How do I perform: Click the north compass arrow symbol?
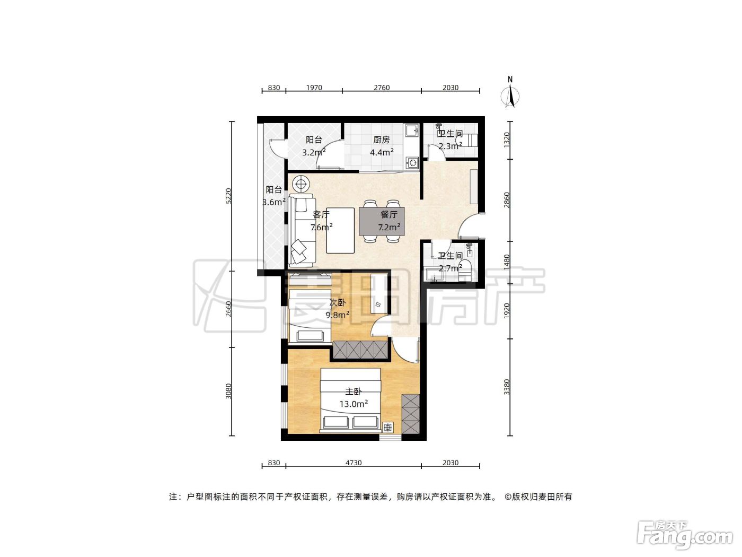click(510, 97)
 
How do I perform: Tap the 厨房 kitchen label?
click(381, 140)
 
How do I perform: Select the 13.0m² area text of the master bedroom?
click(354, 404)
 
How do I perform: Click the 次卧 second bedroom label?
click(338, 302)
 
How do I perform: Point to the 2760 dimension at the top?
click(382, 88)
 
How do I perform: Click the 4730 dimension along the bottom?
click(354, 463)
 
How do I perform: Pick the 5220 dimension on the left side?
click(229, 196)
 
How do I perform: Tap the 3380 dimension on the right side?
click(506, 387)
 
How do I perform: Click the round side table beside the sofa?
click(301, 184)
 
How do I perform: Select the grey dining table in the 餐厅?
click(382, 221)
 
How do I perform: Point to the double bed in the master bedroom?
click(350, 400)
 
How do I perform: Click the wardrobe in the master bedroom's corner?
click(410, 414)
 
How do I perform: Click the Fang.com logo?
click(685, 537)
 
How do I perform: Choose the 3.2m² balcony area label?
click(314, 153)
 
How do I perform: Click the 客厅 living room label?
click(321, 214)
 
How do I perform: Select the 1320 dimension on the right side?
click(506, 140)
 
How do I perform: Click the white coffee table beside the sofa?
click(340, 230)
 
